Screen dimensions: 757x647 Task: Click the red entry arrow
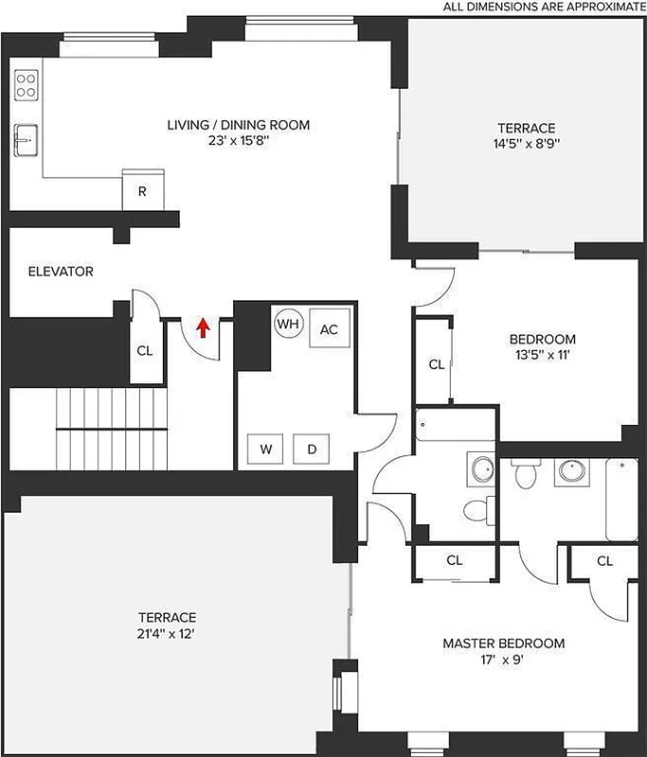(x=202, y=327)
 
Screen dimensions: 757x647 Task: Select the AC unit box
(x=329, y=329)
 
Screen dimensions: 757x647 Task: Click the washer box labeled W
(x=266, y=449)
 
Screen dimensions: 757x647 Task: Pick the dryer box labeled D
(x=312, y=449)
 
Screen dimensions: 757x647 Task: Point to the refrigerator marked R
(x=142, y=191)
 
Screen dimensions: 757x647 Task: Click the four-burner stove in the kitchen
(x=27, y=85)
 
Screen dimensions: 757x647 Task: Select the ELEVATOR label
(x=61, y=272)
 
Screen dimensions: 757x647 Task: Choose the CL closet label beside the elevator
(x=144, y=350)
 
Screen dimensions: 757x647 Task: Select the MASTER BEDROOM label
(x=503, y=643)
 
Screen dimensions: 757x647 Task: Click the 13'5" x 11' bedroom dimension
(x=542, y=356)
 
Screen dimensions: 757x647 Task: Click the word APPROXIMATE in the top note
(x=599, y=8)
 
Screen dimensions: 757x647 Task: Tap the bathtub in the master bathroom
(x=621, y=499)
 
